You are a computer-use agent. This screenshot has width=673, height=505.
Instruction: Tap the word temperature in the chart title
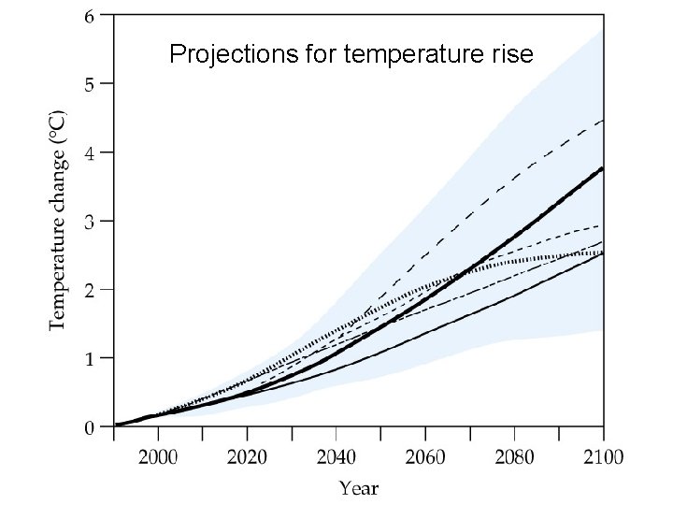point(417,55)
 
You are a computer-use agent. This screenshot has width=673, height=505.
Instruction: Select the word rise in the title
point(513,55)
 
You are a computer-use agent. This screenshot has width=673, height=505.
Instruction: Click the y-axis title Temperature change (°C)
point(58,222)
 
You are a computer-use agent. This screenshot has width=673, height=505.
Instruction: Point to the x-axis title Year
point(359,487)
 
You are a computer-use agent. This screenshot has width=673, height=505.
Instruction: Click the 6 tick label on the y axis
point(89,16)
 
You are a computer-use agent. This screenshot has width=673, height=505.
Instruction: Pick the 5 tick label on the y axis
point(89,84)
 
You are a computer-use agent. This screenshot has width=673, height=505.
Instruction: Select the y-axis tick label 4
point(89,152)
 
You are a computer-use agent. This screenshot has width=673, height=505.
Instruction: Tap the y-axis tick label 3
point(89,222)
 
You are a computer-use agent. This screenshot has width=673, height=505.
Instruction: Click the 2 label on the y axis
point(89,290)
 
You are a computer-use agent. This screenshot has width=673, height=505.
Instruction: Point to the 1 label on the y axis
point(89,358)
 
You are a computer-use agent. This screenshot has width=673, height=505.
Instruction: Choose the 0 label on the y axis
point(89,427)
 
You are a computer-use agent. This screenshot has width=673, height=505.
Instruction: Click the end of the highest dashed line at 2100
point(603,121)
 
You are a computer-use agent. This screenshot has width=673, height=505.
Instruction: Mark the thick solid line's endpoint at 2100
point(603,168)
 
